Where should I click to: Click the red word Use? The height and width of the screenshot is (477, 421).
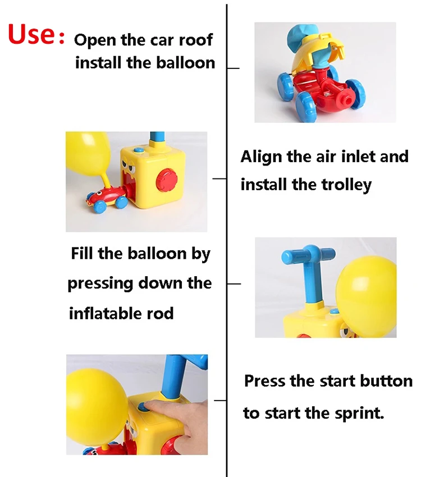[x=31, y=34]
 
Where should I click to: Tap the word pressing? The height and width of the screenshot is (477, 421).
[x=100, y=284]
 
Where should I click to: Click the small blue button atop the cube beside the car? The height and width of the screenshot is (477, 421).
[x=139, y=150]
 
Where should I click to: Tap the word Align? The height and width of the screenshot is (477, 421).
[x=261, y=157]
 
